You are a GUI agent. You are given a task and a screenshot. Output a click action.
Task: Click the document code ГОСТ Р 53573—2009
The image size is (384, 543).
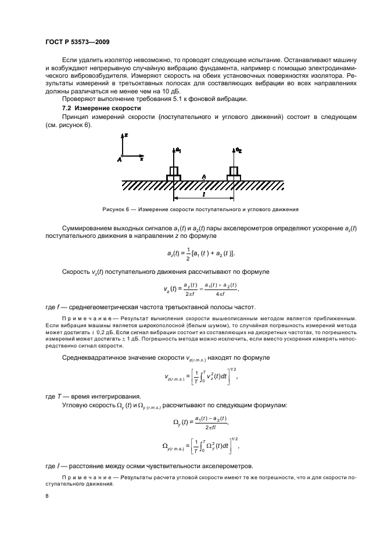77,42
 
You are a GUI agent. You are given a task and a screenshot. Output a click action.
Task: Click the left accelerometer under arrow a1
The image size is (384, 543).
174,173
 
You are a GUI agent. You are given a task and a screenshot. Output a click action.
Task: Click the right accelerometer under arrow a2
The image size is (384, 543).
234,173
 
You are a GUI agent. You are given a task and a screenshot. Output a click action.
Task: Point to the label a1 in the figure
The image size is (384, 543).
178,150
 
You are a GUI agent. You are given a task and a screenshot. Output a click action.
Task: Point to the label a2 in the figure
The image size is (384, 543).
238,150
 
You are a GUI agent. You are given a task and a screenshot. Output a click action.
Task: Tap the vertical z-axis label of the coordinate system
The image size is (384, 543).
127,135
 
